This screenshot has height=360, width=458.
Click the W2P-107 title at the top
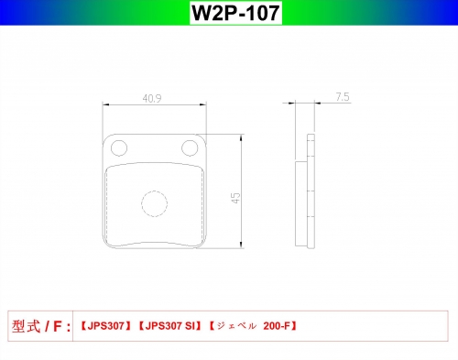pyautogui.click(x=235, y=13)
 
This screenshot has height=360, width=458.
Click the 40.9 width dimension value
pyautogui.click(x=152, y=98)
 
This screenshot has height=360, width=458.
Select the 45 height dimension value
pyautogui.click(x=235, y=198)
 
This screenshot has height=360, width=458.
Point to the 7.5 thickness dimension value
pyautogui.click(x=343, y=97)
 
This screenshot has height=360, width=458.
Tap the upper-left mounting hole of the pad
pyautogui.click(x=119, y=148)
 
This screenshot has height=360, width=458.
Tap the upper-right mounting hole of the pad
pyautogui.click(x=190, y=148)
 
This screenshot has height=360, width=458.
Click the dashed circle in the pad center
pyautogui.click(x=155, y=203)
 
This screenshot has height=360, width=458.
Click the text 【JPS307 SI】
pyautogui.click(x=170, y=326)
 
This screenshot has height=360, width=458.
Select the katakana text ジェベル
pyautogui.click(x=236, y=326)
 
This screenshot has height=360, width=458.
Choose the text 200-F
pyautogui.click(x=277, y=326)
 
